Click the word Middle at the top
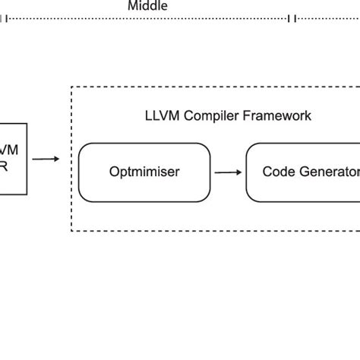pos(147,6)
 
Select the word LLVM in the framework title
pos(161,116)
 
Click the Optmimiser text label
pos(144,172)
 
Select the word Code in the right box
pos(278,172)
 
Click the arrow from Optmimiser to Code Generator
pos(227,172)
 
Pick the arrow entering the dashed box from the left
pos(46,159)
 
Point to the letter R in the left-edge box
pos(4,167)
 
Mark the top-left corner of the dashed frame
pos(71,87)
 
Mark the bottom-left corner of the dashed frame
pos(71,230)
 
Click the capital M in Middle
pos(132,6)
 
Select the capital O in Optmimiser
pos(114,172)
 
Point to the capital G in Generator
pos(303,172)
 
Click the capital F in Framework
pos(243,116)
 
